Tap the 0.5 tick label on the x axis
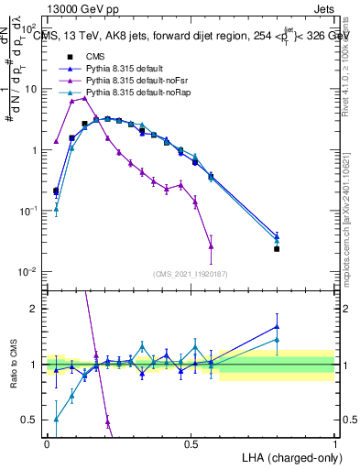point(191,444)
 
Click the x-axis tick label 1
point(335,444)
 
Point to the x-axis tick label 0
point(47,444)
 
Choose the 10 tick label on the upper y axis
point(32,89)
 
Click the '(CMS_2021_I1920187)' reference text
point(191,273)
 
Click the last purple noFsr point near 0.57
point(212,246)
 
